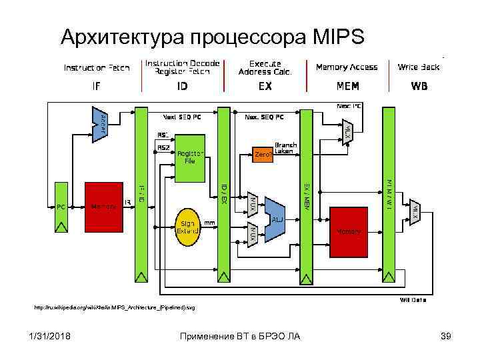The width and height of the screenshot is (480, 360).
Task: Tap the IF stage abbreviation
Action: (x=96, y=87)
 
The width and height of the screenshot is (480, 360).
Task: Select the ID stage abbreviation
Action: (x=182, y=87)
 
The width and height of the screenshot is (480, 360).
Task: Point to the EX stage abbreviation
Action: (x=265, y=87)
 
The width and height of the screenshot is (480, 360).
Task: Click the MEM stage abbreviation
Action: (x=347, y=87)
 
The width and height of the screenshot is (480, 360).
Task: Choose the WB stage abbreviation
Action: (x=419, y=87)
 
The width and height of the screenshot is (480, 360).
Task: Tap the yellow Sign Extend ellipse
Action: (x=188, y=227)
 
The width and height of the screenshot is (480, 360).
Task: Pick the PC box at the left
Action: (x=61, y=207)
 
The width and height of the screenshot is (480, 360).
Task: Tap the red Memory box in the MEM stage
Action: (x=349, y=231)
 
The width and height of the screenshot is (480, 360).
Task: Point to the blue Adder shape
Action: (x=100, y=124)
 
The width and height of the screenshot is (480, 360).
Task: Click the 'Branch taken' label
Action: (x=285, y=147)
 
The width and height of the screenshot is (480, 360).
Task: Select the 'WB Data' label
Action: (x=413, y=300)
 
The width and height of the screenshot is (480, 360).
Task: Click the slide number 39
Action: (x=446, y=335)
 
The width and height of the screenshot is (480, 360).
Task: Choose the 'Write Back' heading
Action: (x=419, y=67)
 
